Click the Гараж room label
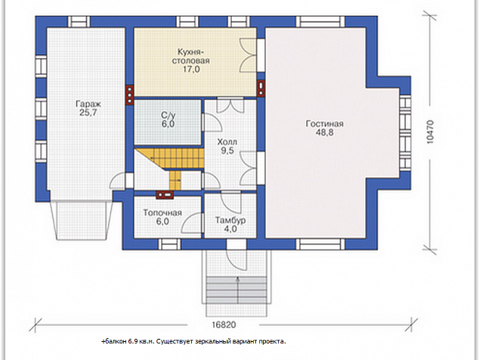coord(88,104)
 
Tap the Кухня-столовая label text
coord(191,56)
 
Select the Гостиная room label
coord(325,124)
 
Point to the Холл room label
coord(227,142)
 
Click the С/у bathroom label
coord(168,115)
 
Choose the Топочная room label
coord(162,213)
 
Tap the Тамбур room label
coord(230,220)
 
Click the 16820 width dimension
coord(224,324)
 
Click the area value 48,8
coord(325,133)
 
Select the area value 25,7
coord(88,113)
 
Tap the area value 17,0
coord(191,69)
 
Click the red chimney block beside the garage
coord(129,95)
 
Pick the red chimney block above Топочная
coord(165,195)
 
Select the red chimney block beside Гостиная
coord(261,88)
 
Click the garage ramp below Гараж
coord(82,220)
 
